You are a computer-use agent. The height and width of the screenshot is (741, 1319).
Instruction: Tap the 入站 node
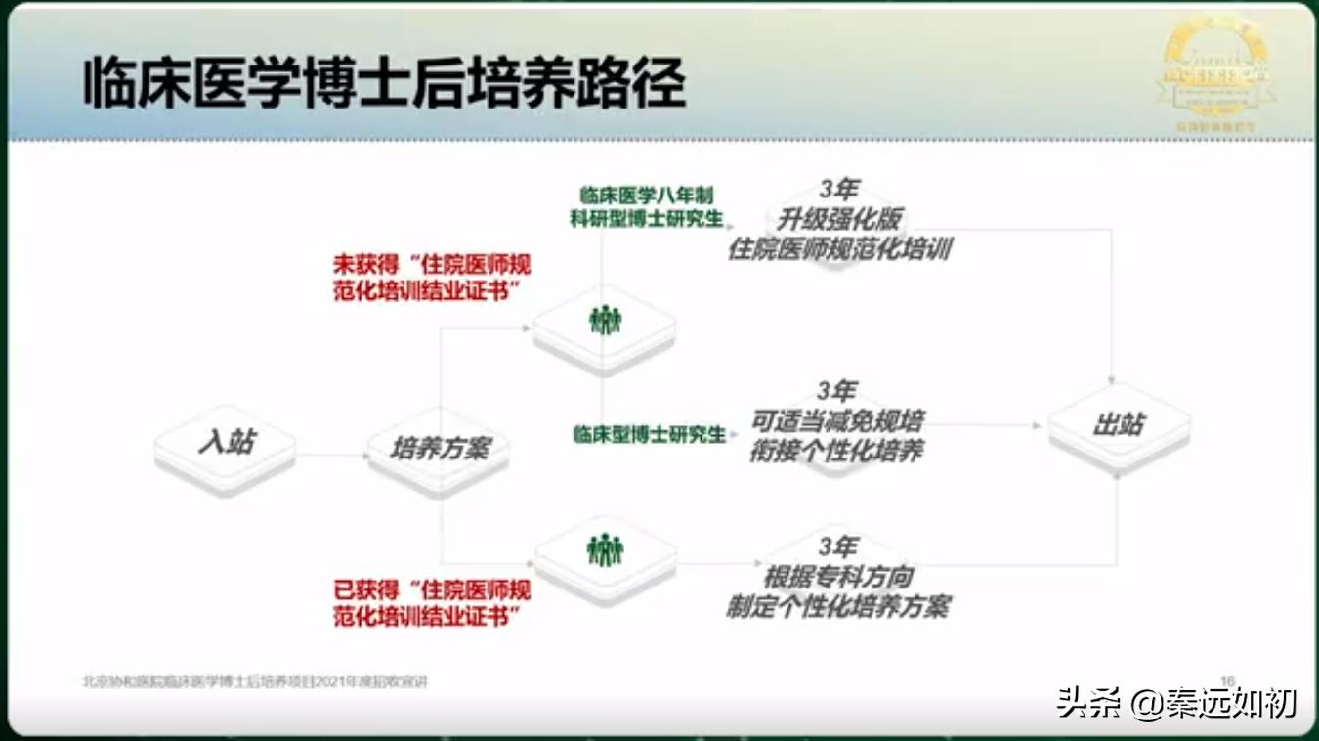click(226, 443)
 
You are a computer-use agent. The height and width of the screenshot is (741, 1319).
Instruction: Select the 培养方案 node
click(439, 449)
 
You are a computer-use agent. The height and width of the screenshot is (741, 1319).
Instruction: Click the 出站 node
click(1119, 424)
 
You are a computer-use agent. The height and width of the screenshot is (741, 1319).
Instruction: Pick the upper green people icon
click(605, 320)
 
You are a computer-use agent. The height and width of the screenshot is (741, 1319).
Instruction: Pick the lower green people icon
click(605, 550)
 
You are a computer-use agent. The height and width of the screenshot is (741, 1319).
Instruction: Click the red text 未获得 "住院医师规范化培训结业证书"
click(432, 279)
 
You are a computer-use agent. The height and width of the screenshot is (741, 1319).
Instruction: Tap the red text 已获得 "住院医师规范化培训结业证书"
click(432, 603)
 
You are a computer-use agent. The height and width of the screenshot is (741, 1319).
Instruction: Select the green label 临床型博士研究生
click(649, 434)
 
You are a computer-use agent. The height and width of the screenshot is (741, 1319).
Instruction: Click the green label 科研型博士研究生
click(647, 218)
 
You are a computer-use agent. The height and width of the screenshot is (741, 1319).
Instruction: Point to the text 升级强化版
click(838, 219)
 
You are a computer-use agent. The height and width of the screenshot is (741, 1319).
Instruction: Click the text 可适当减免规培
click(837, 421)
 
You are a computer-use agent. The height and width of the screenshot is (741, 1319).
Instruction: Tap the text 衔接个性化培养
click(836, 452)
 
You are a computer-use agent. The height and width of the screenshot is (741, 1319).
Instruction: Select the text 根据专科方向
click(837, 577)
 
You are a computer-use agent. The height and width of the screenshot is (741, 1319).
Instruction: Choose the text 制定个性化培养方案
click(837, 606)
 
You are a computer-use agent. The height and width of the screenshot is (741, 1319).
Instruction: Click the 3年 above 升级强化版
click(837, 189)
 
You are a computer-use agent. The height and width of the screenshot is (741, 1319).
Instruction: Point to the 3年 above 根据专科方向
click(837, 546)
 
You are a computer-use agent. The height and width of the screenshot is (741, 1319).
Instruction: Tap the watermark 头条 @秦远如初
click(1176, 703)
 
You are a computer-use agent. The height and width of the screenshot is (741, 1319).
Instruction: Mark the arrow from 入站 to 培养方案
click(331, 455)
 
